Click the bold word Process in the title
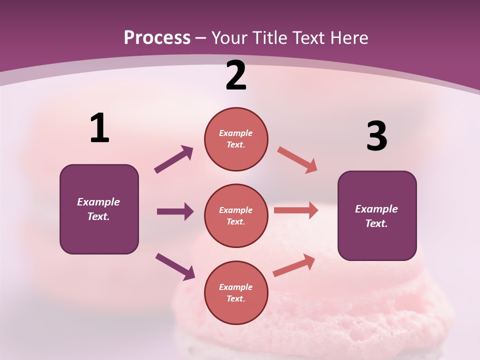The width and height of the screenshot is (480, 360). point(157,38)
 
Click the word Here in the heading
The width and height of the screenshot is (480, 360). point(348,38)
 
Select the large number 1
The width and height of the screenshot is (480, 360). point(99,128)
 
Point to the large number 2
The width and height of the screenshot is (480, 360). point(236,76)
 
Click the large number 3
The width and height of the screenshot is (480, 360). point(376,136)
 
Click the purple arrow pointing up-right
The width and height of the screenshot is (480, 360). point(174,159)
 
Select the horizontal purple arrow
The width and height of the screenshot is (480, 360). point(175,211)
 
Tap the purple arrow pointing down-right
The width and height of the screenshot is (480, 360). point(175,266)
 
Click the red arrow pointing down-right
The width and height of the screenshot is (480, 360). point(297,159)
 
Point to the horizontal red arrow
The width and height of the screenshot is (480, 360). point(296,210)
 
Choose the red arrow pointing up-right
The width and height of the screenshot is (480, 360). point(294,265)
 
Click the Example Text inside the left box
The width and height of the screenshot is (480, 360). point(98,209)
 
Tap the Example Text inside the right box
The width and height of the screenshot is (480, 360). point(376,216)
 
